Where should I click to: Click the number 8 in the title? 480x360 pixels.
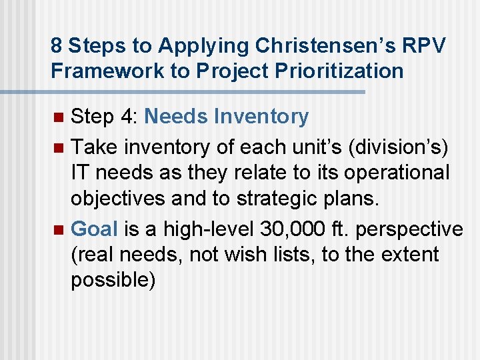pos(56,46)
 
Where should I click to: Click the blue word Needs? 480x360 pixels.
pos(176,117)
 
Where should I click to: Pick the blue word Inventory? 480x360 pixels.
pos(261,117)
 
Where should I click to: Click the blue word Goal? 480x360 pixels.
pos(94,229)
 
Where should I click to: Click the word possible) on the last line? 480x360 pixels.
pos(113,280)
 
